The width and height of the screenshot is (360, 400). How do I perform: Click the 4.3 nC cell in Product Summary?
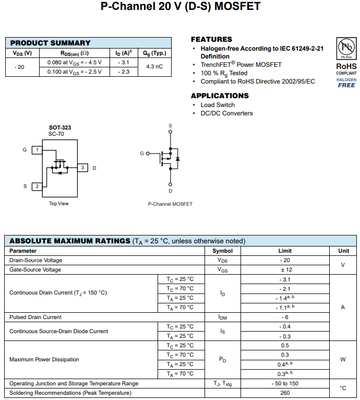(154, 67)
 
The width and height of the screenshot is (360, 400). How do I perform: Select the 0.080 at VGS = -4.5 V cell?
(74, 62)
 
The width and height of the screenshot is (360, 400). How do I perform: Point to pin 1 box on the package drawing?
(37, 150)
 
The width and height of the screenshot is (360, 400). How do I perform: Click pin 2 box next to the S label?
(37, 186)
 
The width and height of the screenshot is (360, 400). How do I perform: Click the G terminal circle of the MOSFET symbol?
(147, 154)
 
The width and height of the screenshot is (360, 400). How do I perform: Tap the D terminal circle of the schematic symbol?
(170, 184)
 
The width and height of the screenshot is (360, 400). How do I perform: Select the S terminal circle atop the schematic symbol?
(170, 132)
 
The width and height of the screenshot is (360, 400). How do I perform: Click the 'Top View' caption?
(58, 204)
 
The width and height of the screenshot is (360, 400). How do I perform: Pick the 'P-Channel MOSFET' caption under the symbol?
(170, 204)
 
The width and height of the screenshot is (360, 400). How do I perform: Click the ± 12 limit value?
(285, 269)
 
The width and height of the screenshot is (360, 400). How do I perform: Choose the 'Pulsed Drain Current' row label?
(35, 317)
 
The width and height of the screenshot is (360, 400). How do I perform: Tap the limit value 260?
(285, 393)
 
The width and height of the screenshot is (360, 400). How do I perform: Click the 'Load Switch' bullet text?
(218, 105)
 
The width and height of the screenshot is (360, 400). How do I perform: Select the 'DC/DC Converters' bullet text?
(226, 113)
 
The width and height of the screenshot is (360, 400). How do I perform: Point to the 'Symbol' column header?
(223, 251)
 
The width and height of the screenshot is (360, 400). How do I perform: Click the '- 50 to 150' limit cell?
(285, 383)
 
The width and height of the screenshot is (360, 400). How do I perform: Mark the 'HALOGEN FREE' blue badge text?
(346, 83)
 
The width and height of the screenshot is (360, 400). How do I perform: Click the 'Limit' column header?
(285, 251)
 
